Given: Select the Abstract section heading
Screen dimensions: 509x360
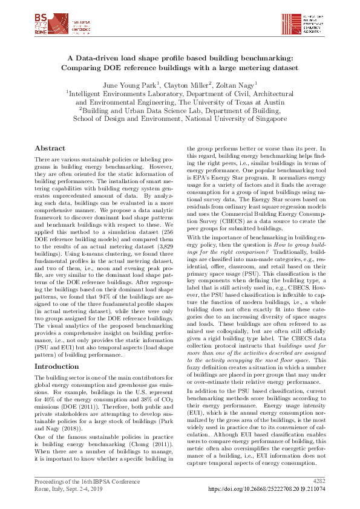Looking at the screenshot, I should (50, 148).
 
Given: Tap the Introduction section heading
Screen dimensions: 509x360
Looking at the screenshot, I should (56, 366).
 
